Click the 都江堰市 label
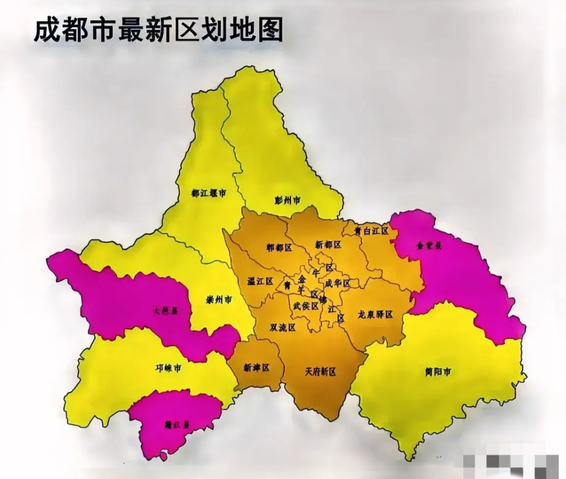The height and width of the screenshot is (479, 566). coord(208,193)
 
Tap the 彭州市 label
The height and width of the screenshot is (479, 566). coord(287,200)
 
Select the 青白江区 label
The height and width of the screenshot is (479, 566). coord(371,231)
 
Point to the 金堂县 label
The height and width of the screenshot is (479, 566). coord(429,245)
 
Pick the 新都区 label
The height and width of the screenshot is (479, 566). coord(328,245)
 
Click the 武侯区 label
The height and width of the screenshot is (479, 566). coord(306,306)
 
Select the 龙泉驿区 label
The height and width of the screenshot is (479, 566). coord(375,315)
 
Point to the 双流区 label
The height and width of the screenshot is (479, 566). coord(282,327)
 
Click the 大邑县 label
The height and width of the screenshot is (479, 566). coord(165,311)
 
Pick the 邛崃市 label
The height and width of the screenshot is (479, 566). coord(168,368)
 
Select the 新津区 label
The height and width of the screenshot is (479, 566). coord(256,368)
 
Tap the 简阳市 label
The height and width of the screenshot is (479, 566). coord(438,372)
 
